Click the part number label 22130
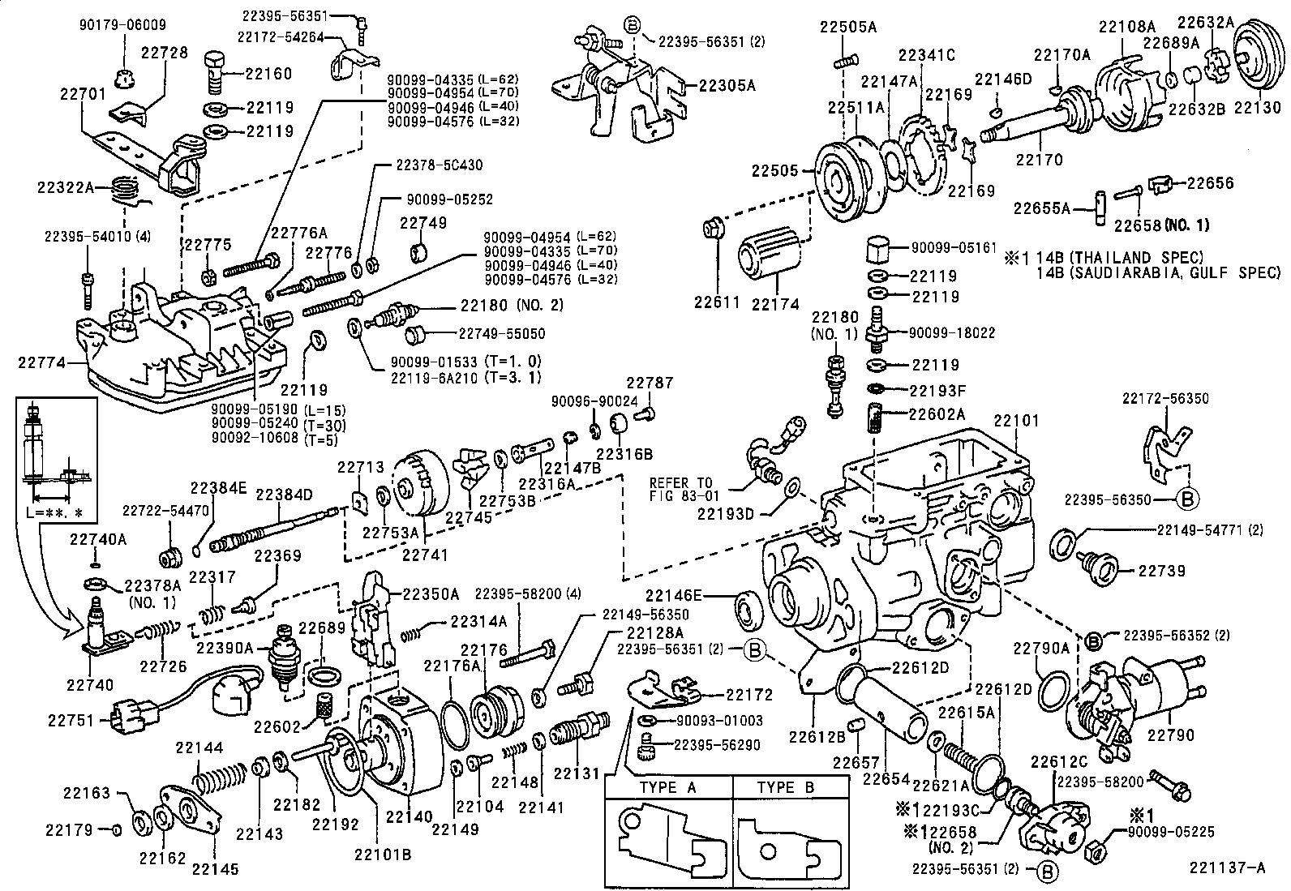tap(1258, 107)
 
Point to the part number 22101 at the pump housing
tap(1015, 420)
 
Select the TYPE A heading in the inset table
tap(667, 787)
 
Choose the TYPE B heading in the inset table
tap(785, 787)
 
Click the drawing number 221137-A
tap(1227, 868)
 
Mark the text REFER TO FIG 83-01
tap(681, 490)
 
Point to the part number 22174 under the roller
tap(775, 304)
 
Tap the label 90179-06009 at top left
tap(122, 24)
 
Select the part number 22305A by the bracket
tap(727, 84)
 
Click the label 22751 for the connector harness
tap(71, 719)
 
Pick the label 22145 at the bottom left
tap(215, 869)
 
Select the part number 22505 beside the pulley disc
tap(774, 171)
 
